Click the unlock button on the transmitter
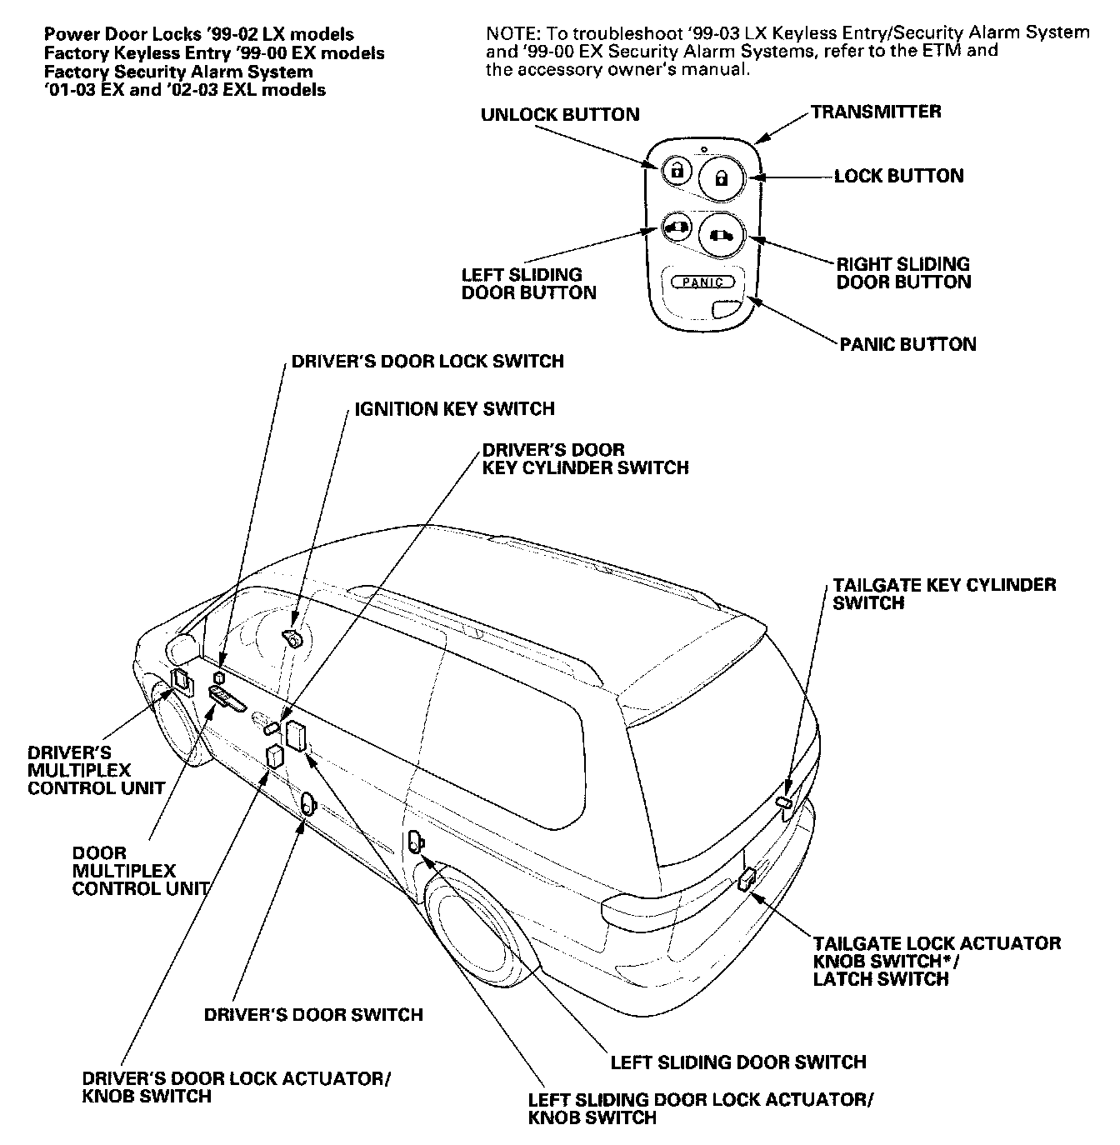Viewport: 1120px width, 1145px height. pos(676,171)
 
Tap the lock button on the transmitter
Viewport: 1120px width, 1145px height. pos(722,178)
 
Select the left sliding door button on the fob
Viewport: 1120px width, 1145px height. pos(676,226)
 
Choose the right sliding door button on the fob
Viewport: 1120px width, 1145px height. pos(720,235)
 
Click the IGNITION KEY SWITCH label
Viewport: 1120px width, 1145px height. pos(454,408)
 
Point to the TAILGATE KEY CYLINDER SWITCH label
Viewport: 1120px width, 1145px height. pos(943,593)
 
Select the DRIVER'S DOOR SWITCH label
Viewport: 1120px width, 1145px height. pos(313,1014)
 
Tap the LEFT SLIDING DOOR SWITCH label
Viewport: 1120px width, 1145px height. pos(738,1062)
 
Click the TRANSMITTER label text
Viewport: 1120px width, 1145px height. pos(876,112)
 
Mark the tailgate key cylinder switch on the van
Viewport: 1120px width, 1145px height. pos(784,802)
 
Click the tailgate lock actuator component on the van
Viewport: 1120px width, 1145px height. pos(747,877)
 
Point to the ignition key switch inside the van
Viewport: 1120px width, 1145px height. pos(292,638)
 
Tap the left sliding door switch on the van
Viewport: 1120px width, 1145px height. pos(415,842)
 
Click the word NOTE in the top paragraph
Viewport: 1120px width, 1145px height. pos(509,33)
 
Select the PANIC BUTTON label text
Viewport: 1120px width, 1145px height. pos(907,344)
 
